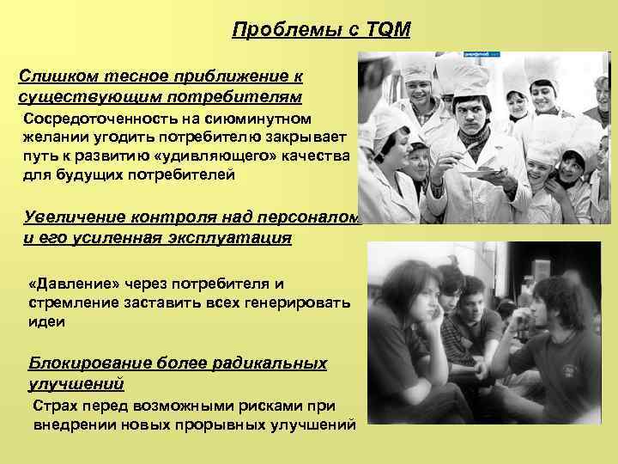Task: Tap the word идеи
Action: click(46, 321)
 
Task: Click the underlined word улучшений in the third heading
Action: click(76, 382)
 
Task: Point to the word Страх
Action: click(53, 406)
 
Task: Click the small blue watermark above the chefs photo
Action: click(480, 53)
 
